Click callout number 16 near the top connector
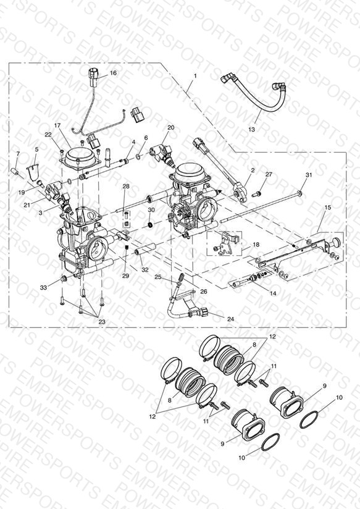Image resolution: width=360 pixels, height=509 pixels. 113,73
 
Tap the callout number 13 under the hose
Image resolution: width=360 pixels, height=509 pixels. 251,129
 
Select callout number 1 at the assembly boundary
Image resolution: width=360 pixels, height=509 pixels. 195,75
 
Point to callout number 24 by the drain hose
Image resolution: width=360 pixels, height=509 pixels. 230,319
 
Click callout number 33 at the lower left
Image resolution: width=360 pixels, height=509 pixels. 43,287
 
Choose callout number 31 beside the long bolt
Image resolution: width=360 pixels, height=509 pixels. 309,175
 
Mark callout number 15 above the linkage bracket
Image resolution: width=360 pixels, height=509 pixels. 328,207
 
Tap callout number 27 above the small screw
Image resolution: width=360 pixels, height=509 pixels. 269,174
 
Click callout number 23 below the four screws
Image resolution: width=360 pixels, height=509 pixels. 102,322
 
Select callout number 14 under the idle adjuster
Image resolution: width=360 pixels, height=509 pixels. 273,293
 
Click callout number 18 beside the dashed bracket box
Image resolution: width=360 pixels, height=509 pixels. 256,245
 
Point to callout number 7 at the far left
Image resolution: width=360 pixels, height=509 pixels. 18,153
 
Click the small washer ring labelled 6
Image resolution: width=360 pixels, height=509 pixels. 138,157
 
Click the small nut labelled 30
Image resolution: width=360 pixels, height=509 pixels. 150,224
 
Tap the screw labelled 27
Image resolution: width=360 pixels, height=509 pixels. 256,194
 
